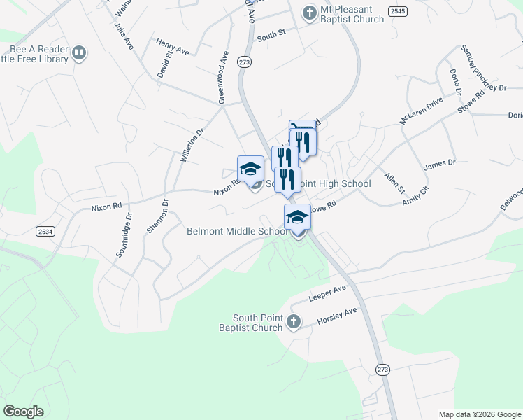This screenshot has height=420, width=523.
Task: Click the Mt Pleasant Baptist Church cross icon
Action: click(x=308, y=13)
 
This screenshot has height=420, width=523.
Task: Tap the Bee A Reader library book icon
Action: click(x=80, y=52)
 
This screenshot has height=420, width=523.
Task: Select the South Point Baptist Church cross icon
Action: click(x=294, y=321)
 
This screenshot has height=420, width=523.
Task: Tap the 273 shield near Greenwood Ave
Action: click(x=244, y=62)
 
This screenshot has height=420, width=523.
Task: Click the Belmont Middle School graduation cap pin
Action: click(x=297, y=218)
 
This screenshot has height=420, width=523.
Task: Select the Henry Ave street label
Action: click(x=173, y=45)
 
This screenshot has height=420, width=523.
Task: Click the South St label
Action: click(x=272, y=34)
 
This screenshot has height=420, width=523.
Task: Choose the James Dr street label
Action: click(x=439, y=164)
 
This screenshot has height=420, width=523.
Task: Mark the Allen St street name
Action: click(x=394, y=181)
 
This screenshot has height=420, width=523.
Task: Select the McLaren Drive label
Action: click(x=421, y=111)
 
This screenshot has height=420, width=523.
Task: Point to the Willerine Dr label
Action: click(x=192, y=146)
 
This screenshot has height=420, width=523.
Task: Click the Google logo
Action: click(x=23, y=412)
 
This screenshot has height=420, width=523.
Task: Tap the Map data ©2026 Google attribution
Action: click(x=479, y=414)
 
